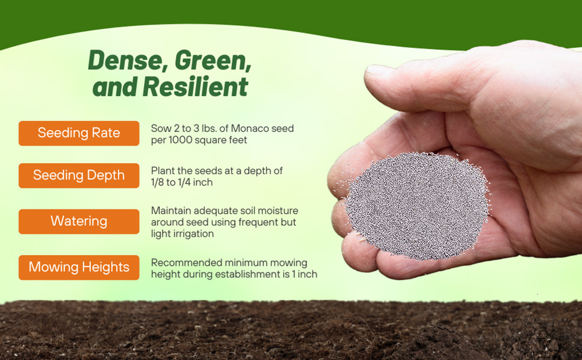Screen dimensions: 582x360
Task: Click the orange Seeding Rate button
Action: tap(79, 133)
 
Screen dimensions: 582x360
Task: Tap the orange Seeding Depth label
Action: tap(79, 176)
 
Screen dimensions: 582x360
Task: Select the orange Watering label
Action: tap(79, 221)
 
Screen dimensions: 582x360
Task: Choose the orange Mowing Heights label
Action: tap(79, 268)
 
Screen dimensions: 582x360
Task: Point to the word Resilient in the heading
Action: tap(195, 87)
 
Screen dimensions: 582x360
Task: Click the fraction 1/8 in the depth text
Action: tap(157, 182)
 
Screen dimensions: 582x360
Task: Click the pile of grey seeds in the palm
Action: tap(418, 206)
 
